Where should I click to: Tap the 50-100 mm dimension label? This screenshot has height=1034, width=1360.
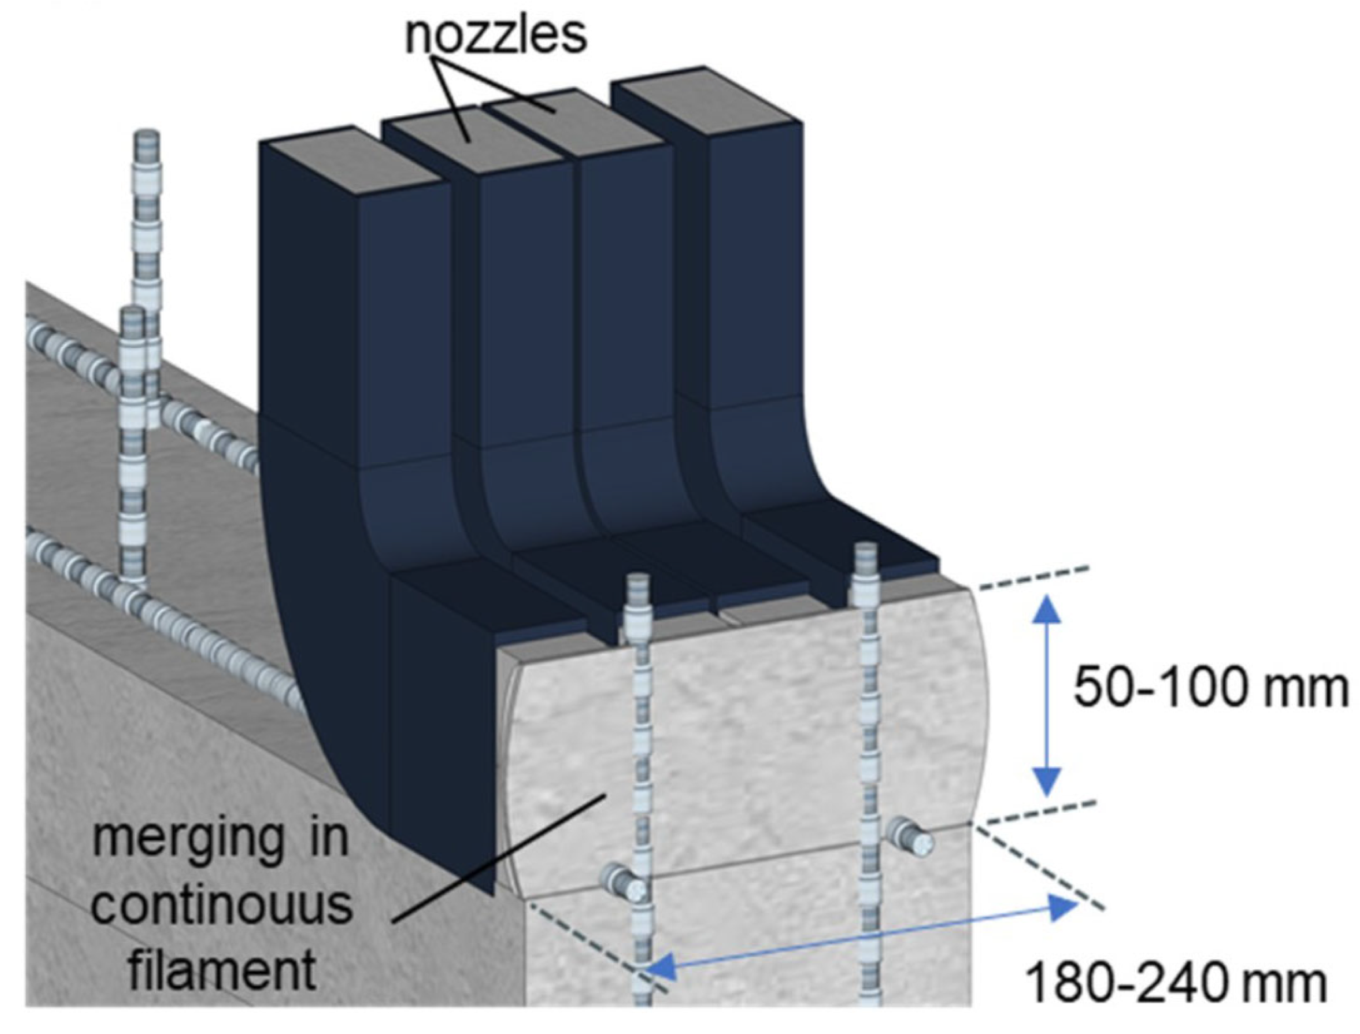click(x=1210, y=688)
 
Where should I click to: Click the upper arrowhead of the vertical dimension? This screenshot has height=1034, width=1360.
click(x=1047, y=608)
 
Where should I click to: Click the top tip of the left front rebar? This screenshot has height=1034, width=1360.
click(x=637, y=581)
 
